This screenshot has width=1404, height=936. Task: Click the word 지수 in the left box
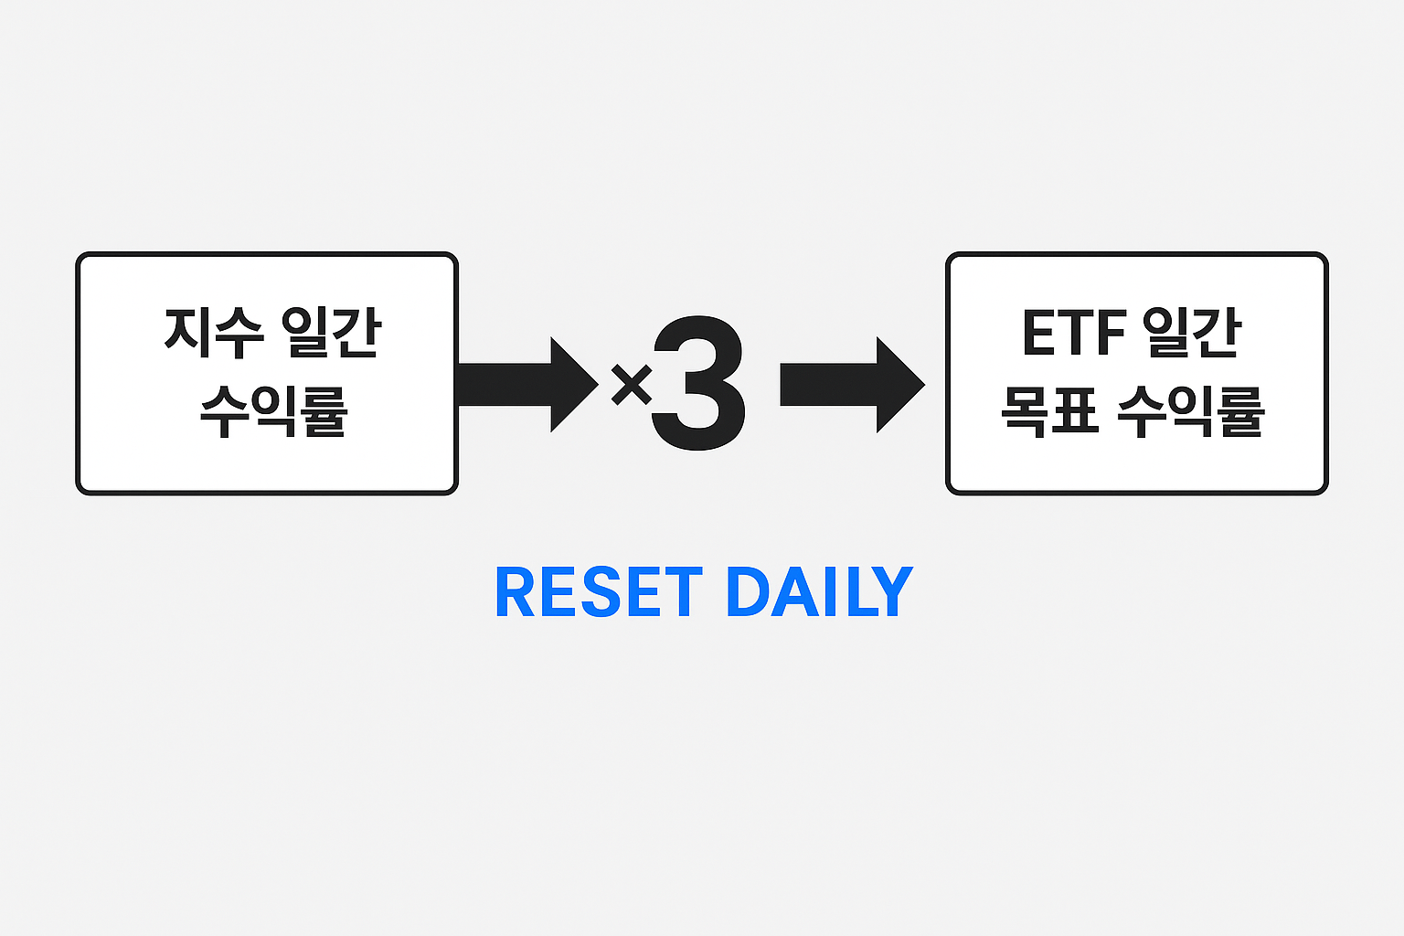214,334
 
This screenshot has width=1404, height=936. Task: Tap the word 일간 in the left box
331,334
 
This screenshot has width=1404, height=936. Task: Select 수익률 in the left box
273,411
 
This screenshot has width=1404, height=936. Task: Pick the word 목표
1049,411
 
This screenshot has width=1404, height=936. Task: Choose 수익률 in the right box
1190,411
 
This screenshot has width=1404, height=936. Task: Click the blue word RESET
599,592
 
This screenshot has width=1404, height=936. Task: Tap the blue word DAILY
819,592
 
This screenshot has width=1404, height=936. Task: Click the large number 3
698,384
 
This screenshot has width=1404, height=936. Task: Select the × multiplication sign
631,385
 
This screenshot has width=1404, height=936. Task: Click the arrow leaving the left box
526,385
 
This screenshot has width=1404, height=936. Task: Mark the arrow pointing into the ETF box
851,385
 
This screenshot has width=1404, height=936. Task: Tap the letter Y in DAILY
892,592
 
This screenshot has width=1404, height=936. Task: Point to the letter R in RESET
514,592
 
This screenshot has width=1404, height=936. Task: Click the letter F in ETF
1109,334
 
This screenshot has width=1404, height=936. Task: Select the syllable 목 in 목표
1024,411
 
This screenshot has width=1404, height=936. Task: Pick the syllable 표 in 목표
1075,411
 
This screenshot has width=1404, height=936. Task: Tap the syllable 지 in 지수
188,334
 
